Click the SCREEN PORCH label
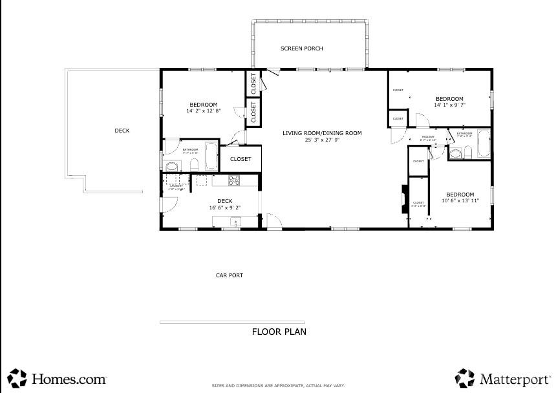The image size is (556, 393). pos(301,48)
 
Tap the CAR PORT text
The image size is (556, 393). pos(229,275)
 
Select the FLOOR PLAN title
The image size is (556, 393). pos(279,332)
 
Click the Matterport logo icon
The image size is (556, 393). pos(465,378)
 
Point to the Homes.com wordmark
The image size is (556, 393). pos(69,379)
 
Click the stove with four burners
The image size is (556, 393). pos(234,181)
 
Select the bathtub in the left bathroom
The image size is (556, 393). pos(211,156)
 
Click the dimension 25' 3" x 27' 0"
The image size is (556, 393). pos(321,140)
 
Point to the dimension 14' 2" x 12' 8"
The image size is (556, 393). pos(203,111)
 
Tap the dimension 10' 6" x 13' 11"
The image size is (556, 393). pos(460,201)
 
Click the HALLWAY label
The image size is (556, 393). pos(428,136)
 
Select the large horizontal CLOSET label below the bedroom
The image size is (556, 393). pos(241,159)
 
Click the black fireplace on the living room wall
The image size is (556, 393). pos(403,199)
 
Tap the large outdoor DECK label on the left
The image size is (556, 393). pos(122,131)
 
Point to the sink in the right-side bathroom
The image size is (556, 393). pos(455,154)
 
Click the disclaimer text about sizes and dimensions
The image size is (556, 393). pos(277,386)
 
